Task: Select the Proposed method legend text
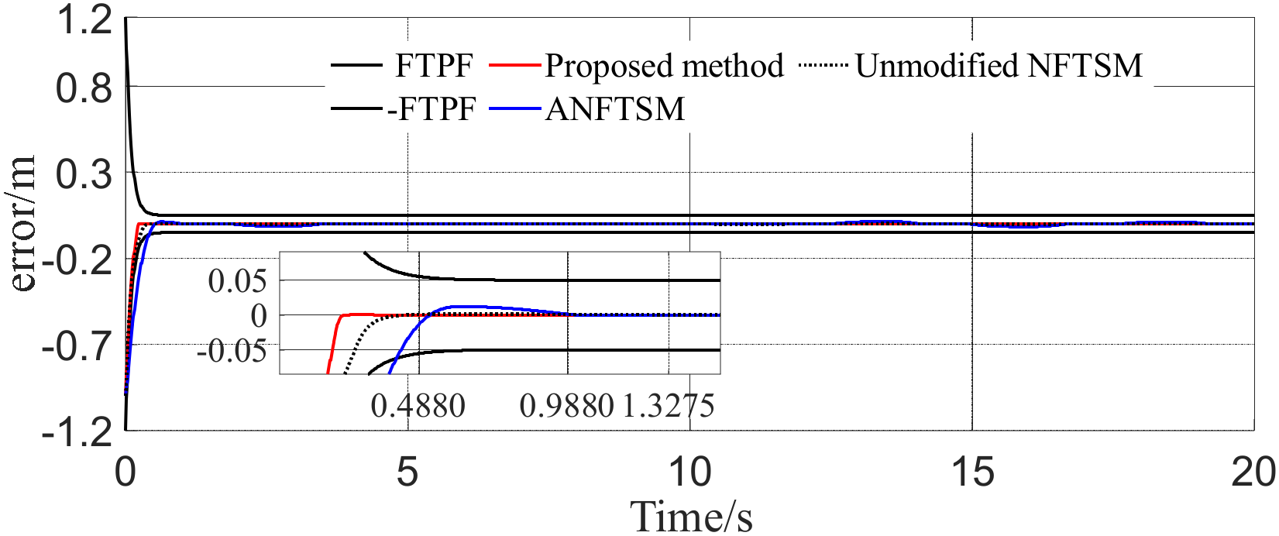pos(664,66)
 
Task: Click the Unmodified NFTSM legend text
pos(999,66)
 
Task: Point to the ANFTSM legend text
pos(615,109)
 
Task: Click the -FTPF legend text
pos(431,109)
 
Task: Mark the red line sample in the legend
pos(514,66)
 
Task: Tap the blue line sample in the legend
pos(514,109)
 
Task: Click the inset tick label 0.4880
pos(418,405)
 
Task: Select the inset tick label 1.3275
pos(668,405)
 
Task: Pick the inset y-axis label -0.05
pos(232,351)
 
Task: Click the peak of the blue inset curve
pos(463,306)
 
